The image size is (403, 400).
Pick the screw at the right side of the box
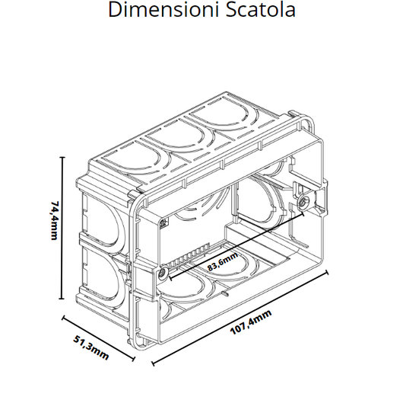[x=303, y=203]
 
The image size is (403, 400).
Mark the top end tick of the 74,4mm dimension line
[x=62, y=157]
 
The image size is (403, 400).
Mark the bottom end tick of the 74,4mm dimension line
[x=62, y=299]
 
